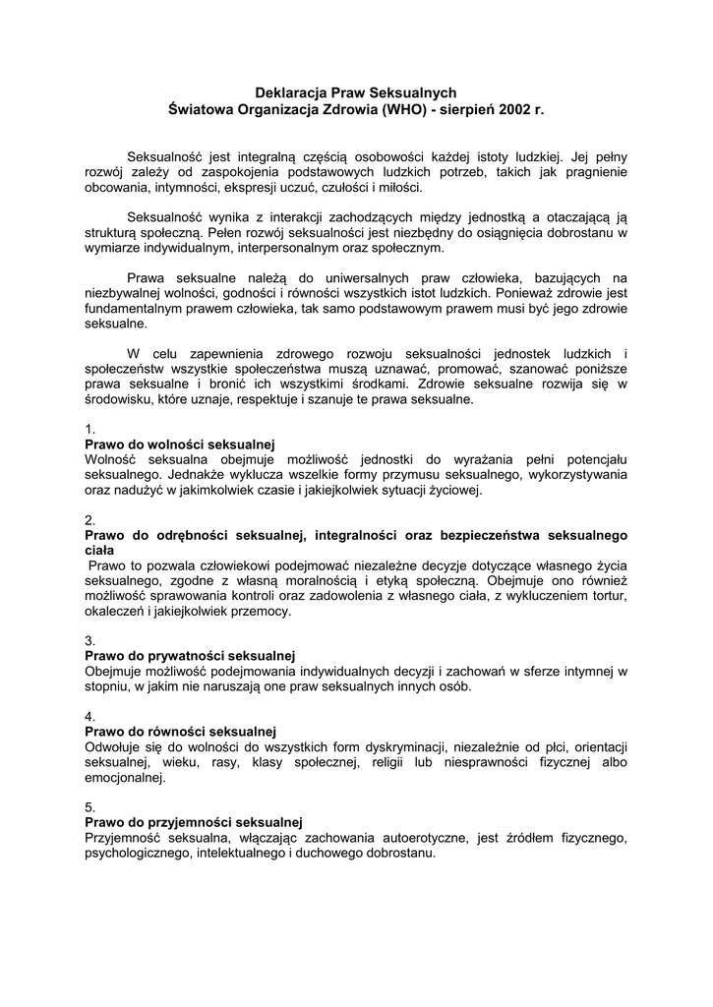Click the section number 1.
point(89,429)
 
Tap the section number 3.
point(89,640)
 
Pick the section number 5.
point(89,806)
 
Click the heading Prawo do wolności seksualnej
point(179,444)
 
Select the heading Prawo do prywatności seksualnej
point(190,655)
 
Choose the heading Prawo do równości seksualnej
point(180,731)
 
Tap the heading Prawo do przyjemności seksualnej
point(193,821)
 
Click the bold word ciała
point(99,551)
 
